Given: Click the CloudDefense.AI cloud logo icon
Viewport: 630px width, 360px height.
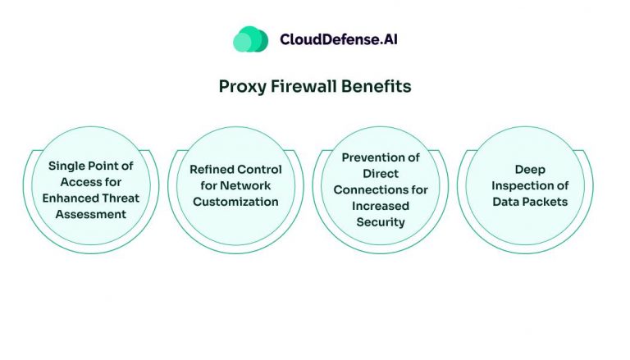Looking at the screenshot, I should [x=250, y=39].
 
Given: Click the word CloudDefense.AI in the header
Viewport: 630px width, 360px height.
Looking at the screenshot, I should [x=339, y=39].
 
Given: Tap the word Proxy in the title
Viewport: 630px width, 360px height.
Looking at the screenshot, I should [x=242, y=86].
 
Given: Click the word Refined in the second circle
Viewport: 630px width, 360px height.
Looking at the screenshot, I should [x=212, y=170].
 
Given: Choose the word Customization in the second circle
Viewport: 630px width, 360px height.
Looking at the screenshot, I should [x=235, y=202].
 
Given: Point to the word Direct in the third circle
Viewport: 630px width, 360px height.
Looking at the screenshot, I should [x=381, y=174].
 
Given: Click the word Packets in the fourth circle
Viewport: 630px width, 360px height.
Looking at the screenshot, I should [x=545, y=202].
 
